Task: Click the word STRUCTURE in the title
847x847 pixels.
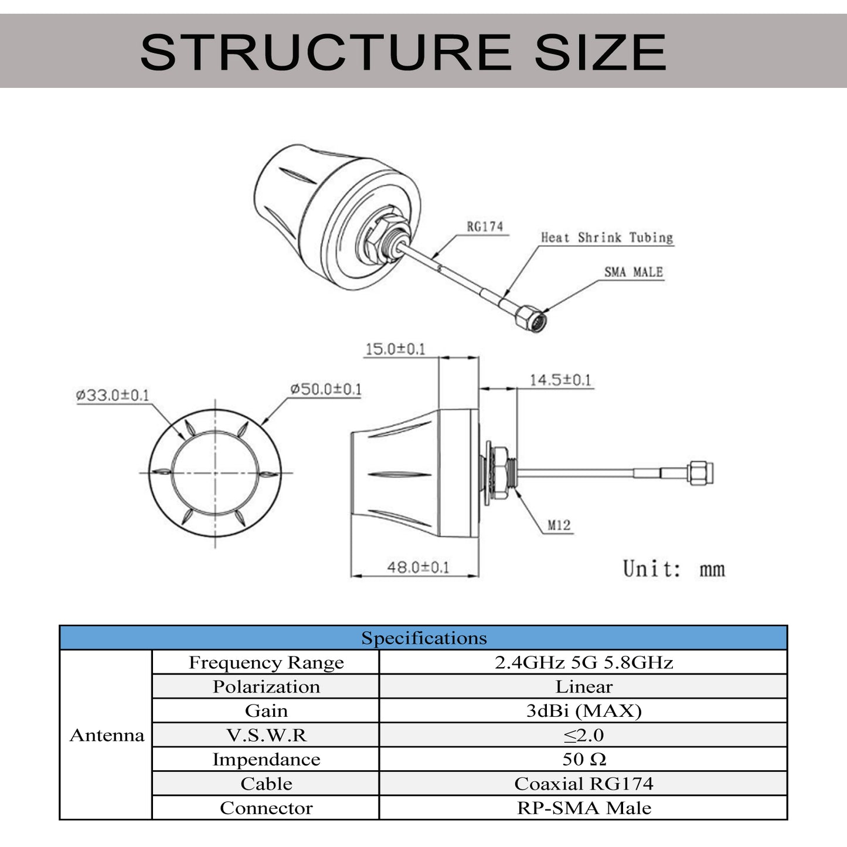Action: tap(325, 52)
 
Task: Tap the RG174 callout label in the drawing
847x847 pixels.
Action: tap(485, 226)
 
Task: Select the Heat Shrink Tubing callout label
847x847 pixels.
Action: tap(606, 237)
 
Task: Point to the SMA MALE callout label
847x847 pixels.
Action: tap(633, 272)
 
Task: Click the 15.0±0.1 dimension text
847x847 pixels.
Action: tap(395, 349)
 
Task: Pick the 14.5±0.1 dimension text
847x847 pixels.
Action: tap(560, 379)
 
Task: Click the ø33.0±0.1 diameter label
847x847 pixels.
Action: tap(113, 394)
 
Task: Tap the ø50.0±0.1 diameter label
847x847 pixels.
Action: tap(326, 389)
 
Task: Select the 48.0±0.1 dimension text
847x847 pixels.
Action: tap(418, 567)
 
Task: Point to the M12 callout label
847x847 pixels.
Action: tap(559, 525)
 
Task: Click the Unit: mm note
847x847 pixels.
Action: tap(673, 569)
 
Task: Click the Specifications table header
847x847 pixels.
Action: tap(423, 638)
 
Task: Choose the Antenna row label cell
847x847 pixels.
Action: tap(106, 735)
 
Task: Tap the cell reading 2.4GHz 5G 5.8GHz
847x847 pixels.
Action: tap(583, 662)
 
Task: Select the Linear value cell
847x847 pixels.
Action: tap(583, 686)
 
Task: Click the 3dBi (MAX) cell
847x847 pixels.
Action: tap(583, 710)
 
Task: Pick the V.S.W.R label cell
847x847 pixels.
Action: tap(266, 735)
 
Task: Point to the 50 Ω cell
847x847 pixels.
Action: tap(583, 759)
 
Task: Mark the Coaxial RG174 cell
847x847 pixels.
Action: tap(583, 784)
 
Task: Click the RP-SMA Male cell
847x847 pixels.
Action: tap(583, 808)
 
